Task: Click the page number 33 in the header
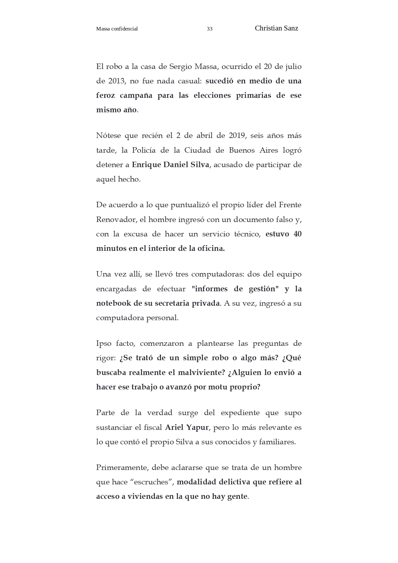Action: click(209, 29)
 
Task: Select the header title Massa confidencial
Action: click(117, 29)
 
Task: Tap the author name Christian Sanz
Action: click(276, 28)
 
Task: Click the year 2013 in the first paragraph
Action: click(116, 81)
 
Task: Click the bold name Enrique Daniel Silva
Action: click(170, 165)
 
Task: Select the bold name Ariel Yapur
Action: click(187, 428)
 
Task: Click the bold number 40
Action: click(297, 234)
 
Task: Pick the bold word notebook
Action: click(113, 303)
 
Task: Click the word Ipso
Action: click(103, 344)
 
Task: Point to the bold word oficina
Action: click(211, 249)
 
